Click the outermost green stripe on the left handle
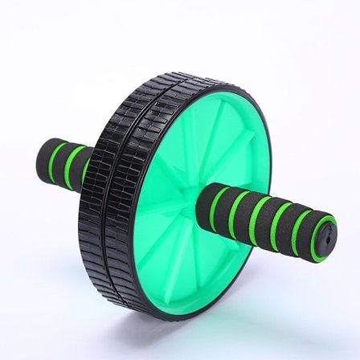[53, 158]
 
